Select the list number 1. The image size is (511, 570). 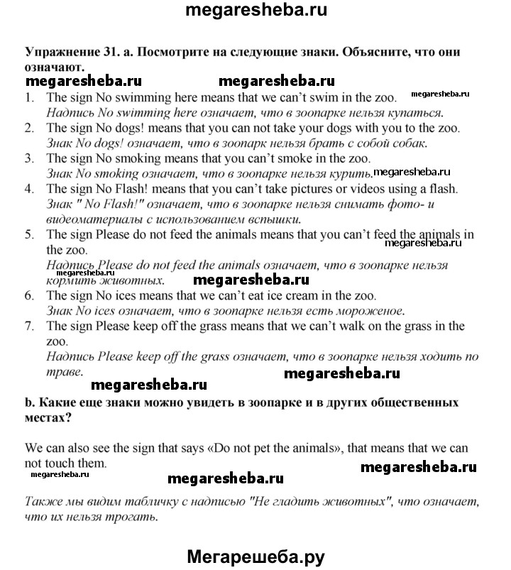(28, 98)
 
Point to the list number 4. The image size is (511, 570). (28, 189)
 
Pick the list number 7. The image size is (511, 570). (28, 326)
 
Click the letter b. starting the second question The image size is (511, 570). (29, 402)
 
